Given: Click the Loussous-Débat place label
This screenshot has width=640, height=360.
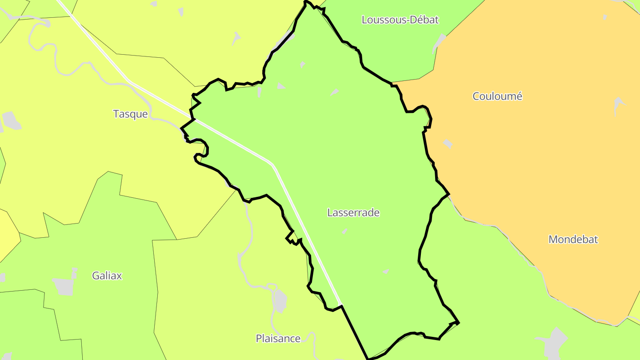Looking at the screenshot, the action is (x=400, y=20).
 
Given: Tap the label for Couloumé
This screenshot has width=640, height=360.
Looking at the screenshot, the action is (x=497, y=96).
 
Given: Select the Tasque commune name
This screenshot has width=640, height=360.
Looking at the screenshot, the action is (x=130, y=114).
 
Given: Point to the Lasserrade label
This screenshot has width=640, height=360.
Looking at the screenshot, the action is (x=353, y=212).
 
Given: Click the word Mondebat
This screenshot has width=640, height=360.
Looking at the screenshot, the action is (x=573, y=240).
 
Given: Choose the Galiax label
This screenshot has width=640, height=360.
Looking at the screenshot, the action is (x=107, y=276).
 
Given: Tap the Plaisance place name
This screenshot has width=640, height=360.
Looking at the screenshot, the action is (x=278, y=339).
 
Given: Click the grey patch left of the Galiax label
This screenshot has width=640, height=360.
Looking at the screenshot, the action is (x=63, y=286).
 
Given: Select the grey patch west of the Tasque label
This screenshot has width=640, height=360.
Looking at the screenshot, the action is (x=12, y=120).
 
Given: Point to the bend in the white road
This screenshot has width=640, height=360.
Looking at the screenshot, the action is (x=272, y=164).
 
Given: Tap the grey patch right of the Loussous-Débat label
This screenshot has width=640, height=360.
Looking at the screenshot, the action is (x=439, y=44).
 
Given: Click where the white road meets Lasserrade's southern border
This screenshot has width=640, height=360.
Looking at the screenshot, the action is (x=341, y=306).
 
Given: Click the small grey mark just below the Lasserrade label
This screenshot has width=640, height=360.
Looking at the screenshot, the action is (x=344, y=231).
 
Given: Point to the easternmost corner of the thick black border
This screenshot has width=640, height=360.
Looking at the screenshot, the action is (x=458, y=323).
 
